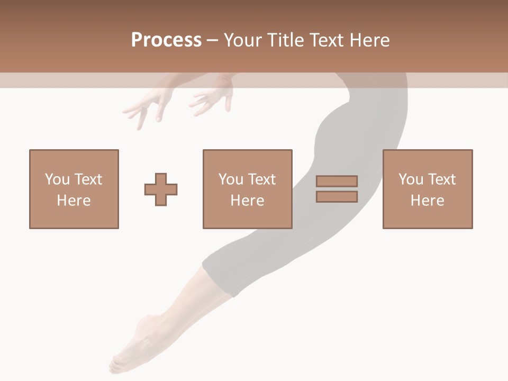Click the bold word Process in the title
coord(166,40)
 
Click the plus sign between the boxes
coord(161,189)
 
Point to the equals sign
coord(337,189)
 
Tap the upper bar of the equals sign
coord(337,182)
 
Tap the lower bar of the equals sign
coord(337,196)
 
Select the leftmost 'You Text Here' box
coord(74,189)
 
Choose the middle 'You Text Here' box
coord(247,189)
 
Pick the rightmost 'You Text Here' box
coord(428,189)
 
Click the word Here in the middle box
coord(247,201)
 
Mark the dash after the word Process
coord(212,40)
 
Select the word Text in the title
coord(325,40)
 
